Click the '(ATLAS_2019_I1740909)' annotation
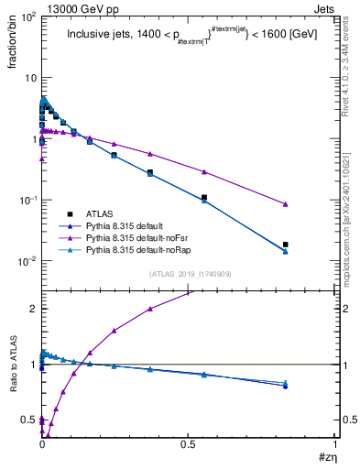tap(188, 273)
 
